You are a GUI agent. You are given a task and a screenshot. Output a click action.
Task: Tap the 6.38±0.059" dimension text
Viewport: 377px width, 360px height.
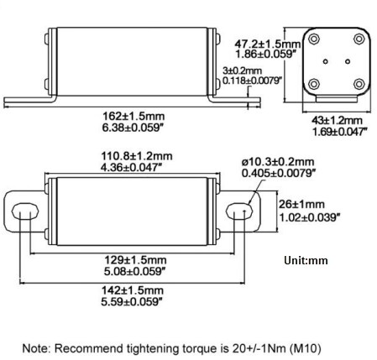click(x=135, y=129)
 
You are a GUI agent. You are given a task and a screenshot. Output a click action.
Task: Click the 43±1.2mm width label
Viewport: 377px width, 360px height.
click(x=332, y=120)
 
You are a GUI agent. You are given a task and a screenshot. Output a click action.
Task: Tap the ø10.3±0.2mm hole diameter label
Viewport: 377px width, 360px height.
click(x=278, y=161)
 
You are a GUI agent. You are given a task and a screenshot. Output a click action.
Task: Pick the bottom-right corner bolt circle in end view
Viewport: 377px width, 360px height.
click(x=359, y=84)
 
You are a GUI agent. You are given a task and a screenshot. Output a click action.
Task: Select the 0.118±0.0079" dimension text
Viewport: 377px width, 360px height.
click(x=252, y=81)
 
